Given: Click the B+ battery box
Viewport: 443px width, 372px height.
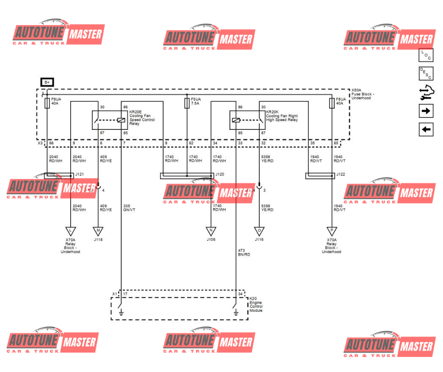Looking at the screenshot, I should (47, 82).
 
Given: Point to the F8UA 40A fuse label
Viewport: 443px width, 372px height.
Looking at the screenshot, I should (341, 101).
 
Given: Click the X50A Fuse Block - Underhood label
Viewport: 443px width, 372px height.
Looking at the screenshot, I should (363, 94).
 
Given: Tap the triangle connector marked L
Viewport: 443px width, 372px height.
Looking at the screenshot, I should (70, 231).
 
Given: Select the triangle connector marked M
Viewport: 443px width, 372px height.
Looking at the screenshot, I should (98, 231).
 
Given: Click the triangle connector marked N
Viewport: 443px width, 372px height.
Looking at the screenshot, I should (211, 231).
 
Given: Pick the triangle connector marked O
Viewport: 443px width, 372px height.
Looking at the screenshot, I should (259, 231).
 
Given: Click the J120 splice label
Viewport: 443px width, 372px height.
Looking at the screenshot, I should (220, 175).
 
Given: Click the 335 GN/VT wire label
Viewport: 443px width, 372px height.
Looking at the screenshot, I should (130, 208).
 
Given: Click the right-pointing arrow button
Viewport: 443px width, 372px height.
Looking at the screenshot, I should (426, 111).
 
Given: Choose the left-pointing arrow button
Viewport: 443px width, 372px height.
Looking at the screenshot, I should (426, 129).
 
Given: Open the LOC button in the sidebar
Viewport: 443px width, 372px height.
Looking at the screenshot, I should (426, 55).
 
